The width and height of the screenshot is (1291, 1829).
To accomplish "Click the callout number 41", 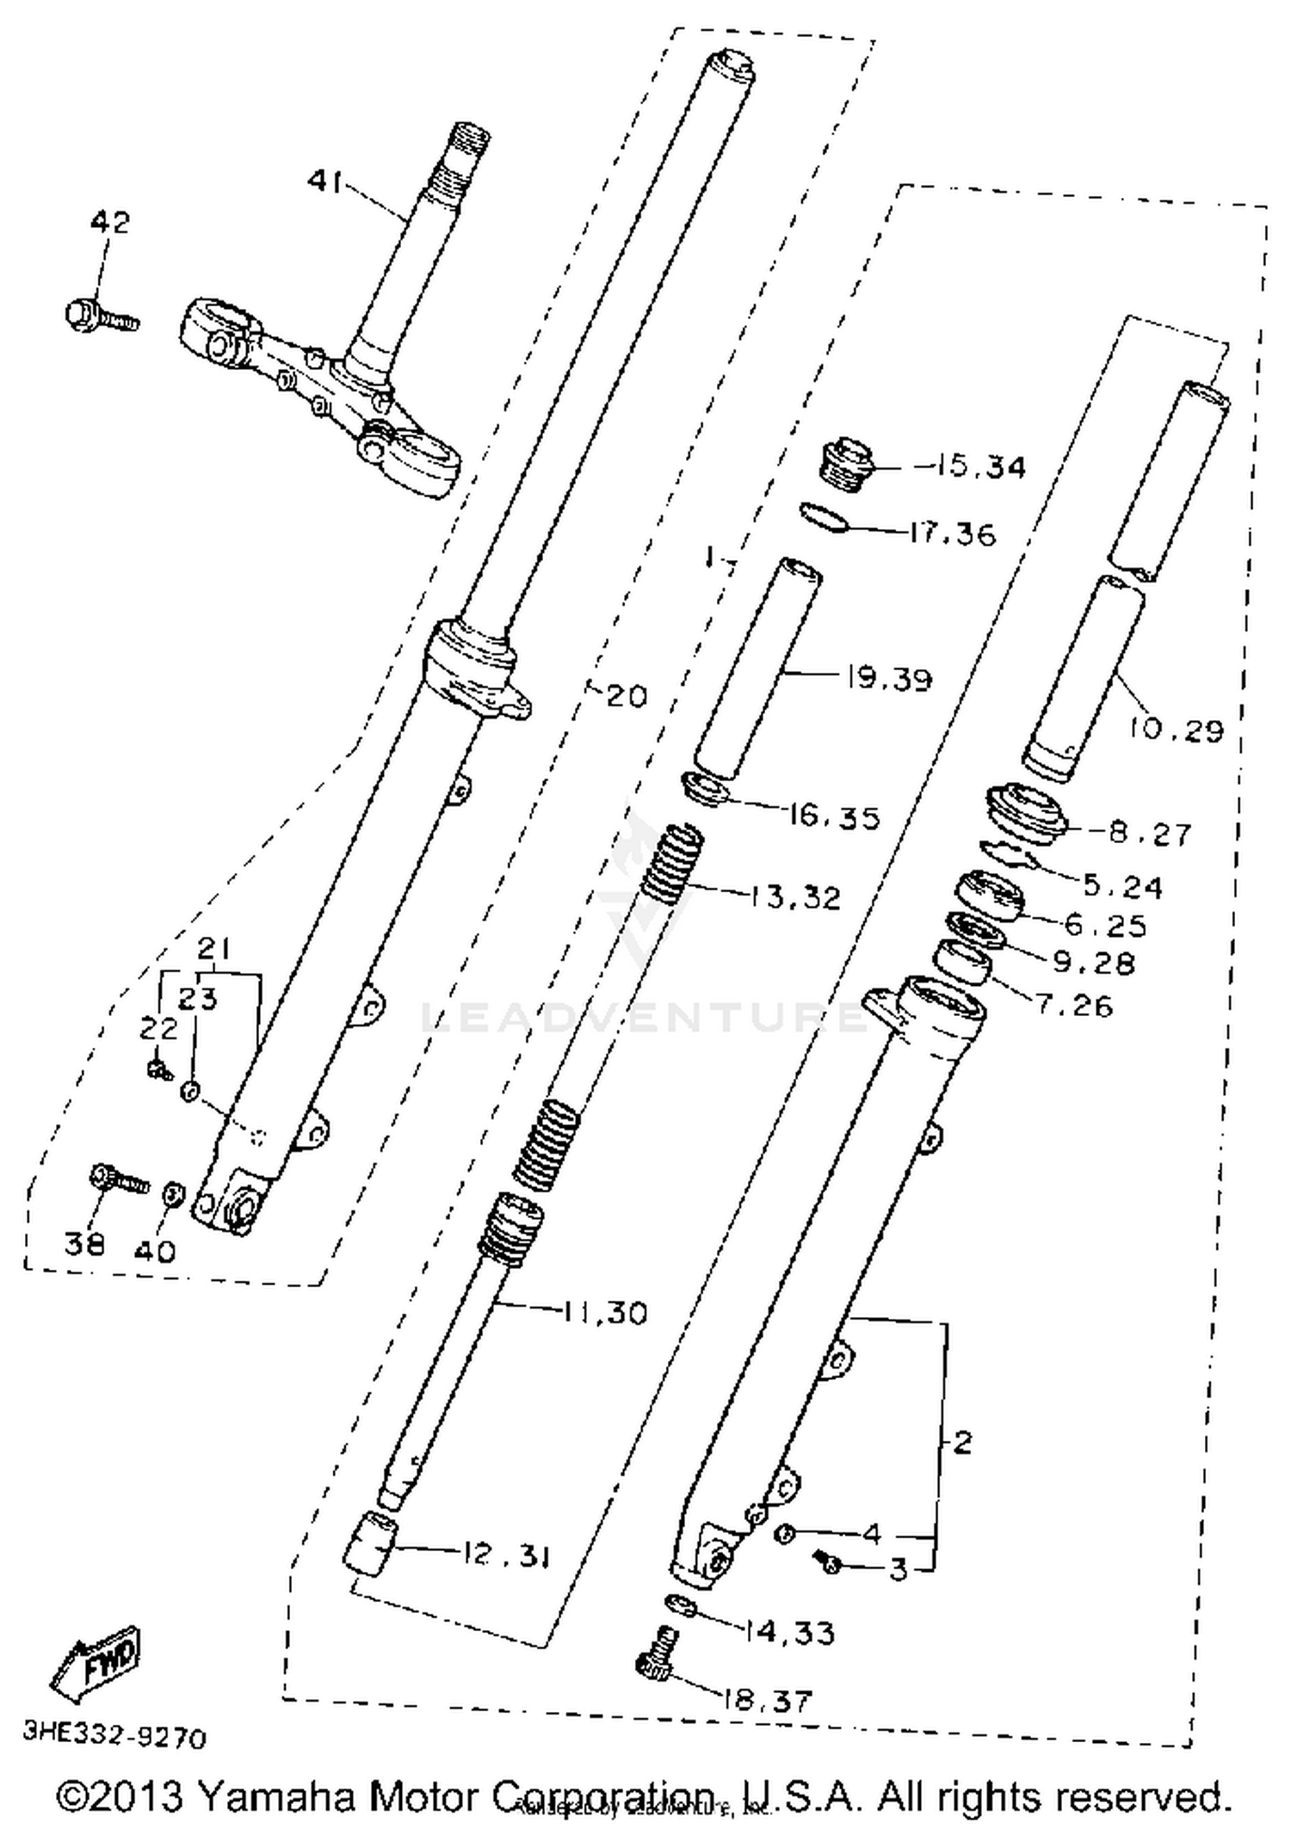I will [325, 182].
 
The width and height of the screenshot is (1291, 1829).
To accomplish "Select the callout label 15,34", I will [970, 467].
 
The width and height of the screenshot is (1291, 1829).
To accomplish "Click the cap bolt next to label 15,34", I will [846, 465].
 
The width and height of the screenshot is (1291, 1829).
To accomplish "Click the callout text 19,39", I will [889, 679].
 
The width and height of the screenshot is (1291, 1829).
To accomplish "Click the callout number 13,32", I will [794, 897].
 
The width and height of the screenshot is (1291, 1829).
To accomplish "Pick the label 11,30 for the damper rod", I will [605, 1312].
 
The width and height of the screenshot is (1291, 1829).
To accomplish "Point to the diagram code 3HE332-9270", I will [114, 1736].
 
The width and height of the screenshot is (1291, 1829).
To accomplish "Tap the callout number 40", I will [155, 1249].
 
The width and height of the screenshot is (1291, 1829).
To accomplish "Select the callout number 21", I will [213, 949].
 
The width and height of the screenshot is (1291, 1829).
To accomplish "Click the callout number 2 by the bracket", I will [962, 1442].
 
